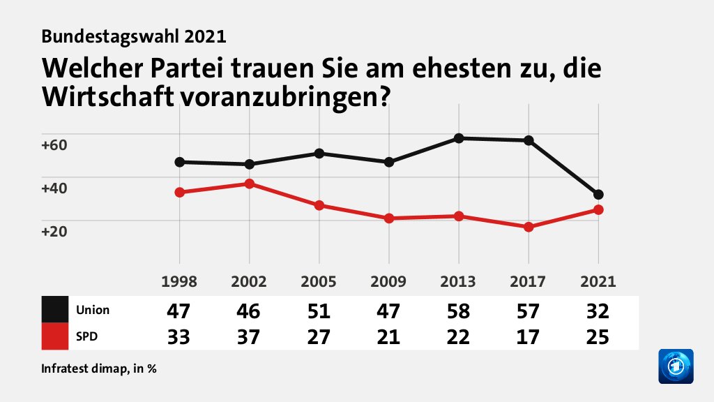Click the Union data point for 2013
(x=459, y=138)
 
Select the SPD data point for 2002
(x=249, y=184)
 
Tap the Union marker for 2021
(x=598, y=195)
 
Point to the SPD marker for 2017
(x=529, y=227)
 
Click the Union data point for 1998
(x=180, y=162)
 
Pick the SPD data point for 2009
(x=389, y=218)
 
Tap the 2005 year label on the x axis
(x=319, y=282)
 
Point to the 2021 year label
(x=598, y=282)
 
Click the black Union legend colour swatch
(x=55, y=309)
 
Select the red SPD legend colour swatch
(x=55, y=336)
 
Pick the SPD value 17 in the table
(x=528, y=337)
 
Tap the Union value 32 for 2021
(x=598, y=311)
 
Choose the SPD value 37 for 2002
(x=249, y=337)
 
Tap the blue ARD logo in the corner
(x=675, y=366)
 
